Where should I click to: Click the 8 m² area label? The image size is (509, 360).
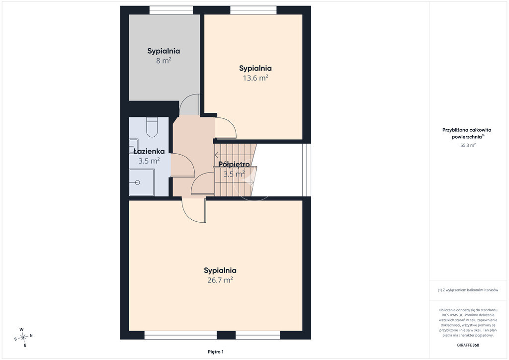click(164, 61)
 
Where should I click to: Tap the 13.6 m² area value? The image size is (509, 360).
click(255, 78)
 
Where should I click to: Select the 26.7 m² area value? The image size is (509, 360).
click(220, 280)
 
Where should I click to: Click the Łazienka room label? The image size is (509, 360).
click(149, 151)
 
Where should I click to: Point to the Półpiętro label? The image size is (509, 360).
click(234, 164)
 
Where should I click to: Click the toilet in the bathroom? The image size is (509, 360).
click(152, 127)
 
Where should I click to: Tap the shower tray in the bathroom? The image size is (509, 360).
click(142, 182)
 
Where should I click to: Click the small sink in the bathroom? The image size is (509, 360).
click(133, 146)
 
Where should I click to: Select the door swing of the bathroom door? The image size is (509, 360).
click(182, 165)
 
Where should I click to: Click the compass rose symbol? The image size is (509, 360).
click(23, 338)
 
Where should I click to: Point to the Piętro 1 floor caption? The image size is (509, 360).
click(216, 352)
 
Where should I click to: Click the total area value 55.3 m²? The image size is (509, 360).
click(468, 145)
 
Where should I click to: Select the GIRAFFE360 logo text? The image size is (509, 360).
click(468, 345)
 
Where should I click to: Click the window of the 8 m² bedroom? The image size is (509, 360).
click(171, 10)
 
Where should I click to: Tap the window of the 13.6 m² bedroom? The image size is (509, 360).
click(253, 10)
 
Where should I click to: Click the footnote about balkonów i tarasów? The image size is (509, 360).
click(468, 290)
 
